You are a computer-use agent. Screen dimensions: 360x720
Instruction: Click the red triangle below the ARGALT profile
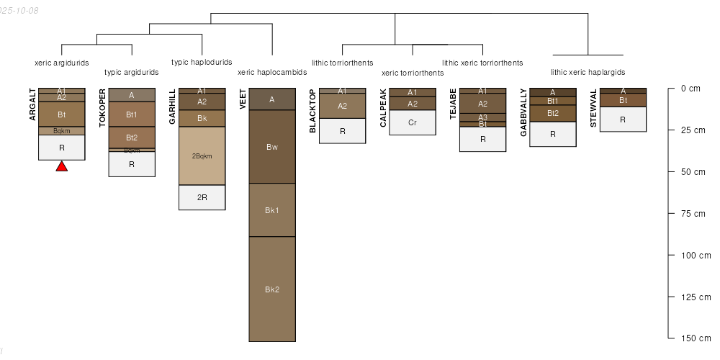coord(62,166)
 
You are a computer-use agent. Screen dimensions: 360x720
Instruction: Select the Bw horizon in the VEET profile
coord(272,147)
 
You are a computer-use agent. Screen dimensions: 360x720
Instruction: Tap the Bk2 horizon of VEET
coord(272,289)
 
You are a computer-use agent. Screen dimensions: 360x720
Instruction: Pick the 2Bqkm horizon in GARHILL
coord(202,156)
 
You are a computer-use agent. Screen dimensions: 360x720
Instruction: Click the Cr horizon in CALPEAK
coord(413,122)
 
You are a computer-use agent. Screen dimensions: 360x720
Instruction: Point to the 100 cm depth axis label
coord(696,256)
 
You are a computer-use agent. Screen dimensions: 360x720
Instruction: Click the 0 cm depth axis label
coord(690,89)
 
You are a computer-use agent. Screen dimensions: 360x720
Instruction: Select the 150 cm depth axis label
coord(696,338)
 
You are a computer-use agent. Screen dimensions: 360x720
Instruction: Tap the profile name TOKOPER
coord(102,108)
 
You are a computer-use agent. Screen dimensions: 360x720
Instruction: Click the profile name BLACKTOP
coord(312,111)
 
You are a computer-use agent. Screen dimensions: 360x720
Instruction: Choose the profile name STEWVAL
coord(593,109)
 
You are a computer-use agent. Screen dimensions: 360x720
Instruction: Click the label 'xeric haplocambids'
coord(272,73)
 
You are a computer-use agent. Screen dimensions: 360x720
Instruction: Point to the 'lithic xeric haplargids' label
coord(588,72)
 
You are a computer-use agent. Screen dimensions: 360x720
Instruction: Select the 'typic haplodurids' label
coord(202,62)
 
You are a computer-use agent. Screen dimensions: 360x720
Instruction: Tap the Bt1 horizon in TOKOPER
coord(132,114)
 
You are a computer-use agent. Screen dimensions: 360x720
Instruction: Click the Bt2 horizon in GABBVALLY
coord(553,113)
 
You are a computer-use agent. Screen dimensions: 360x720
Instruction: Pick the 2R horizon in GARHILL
coord(202,197)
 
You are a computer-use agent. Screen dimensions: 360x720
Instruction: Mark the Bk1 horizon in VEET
coord(272,210)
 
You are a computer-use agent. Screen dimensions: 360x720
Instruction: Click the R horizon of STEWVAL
coord(623,119)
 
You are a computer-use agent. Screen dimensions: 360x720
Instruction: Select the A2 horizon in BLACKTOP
coord(343,106)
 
